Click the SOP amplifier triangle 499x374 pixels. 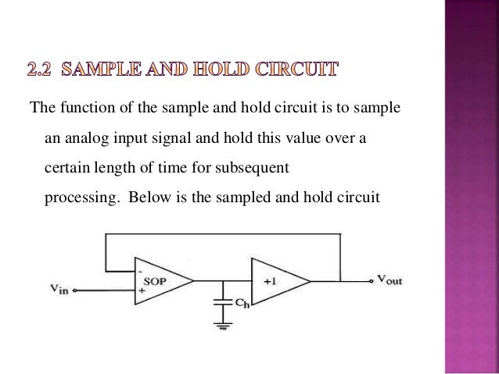(x=161, y=280)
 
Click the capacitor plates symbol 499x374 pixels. (x=224, y=300)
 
